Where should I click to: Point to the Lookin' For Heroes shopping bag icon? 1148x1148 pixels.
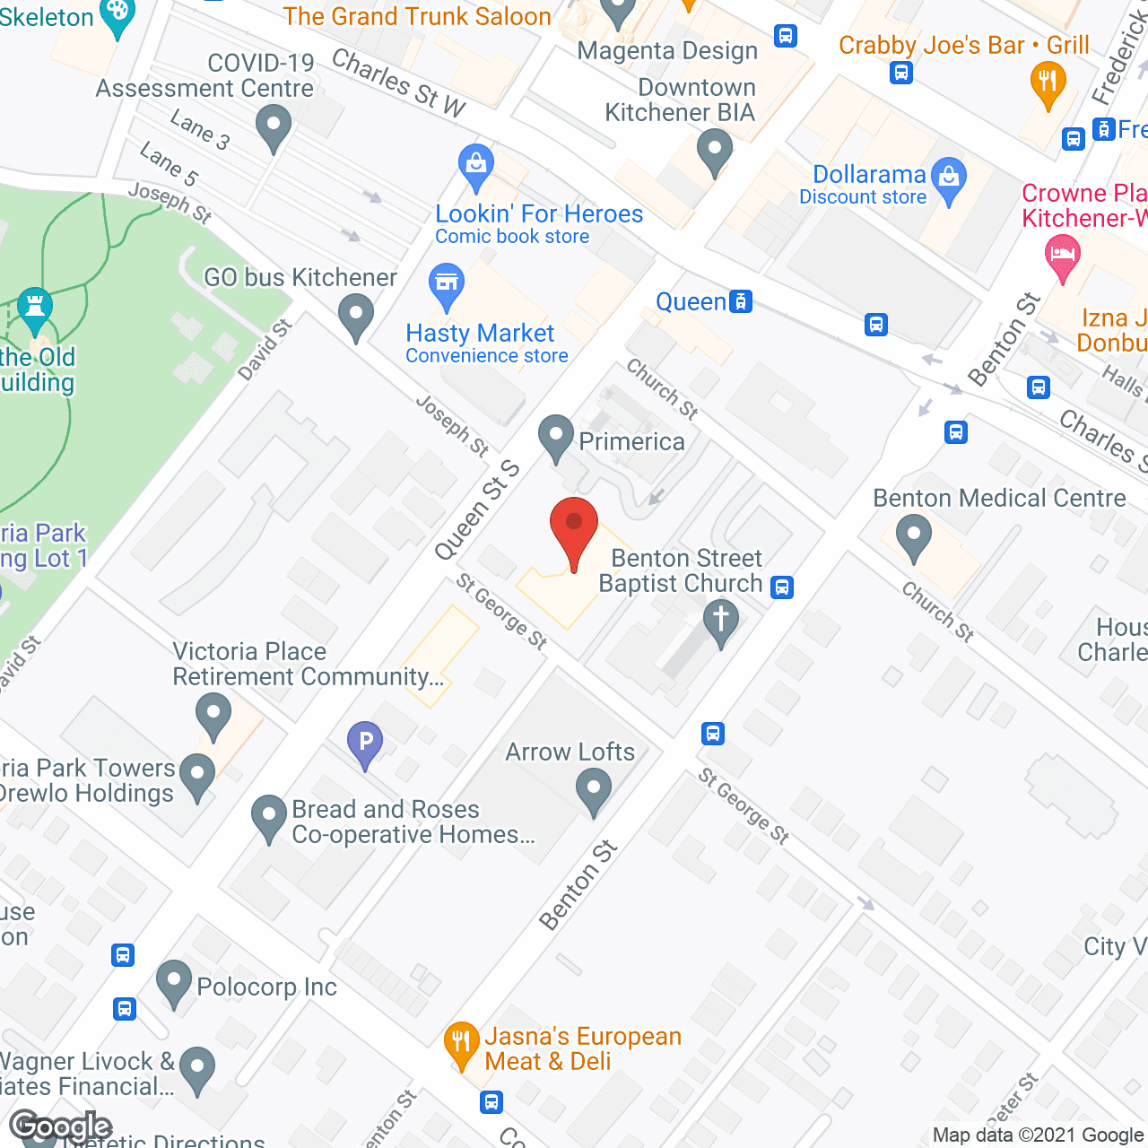point(475,165)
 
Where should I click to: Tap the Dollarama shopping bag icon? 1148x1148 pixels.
point(948,178)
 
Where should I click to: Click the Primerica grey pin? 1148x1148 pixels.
point(556,437)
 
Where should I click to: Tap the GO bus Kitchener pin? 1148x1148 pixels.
point(356,316)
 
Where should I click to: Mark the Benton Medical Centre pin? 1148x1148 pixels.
point(913,535)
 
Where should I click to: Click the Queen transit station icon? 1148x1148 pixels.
point(741,301)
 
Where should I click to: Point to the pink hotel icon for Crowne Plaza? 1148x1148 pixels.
point(1063,255)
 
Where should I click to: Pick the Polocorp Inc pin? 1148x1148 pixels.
point(174,981)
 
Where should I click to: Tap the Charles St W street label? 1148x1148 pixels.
point(399,83)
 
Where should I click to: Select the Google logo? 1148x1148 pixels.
point(61,1126)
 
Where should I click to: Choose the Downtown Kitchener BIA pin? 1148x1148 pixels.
point(714,150)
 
